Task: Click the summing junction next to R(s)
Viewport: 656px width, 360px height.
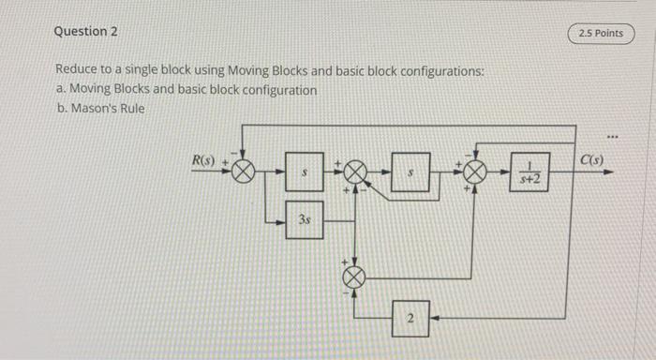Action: [x=244, y=172]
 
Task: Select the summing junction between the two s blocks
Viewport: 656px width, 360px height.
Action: [x=356, y=172]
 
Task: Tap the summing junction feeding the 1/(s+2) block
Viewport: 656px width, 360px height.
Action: [x=475, y=172]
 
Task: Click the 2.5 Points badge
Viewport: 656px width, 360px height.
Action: [x=601, y=34]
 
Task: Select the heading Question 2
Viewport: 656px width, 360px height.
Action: [x=86, y=31]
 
